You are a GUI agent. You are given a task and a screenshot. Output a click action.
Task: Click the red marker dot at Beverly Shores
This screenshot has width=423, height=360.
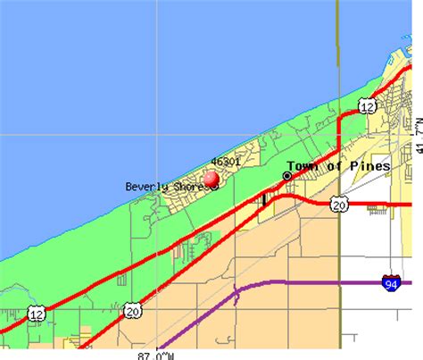(211, 179)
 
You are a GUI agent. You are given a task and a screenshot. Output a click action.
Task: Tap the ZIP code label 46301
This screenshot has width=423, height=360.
(225, 163)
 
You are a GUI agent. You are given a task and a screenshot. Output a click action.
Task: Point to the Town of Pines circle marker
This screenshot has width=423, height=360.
(287, 176)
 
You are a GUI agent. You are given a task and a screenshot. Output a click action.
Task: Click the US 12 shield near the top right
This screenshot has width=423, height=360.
(367, 107)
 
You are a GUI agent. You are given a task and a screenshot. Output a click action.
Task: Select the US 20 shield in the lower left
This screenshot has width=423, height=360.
(133, 310)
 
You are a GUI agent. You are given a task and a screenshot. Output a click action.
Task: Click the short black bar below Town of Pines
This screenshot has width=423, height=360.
(264, 198)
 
